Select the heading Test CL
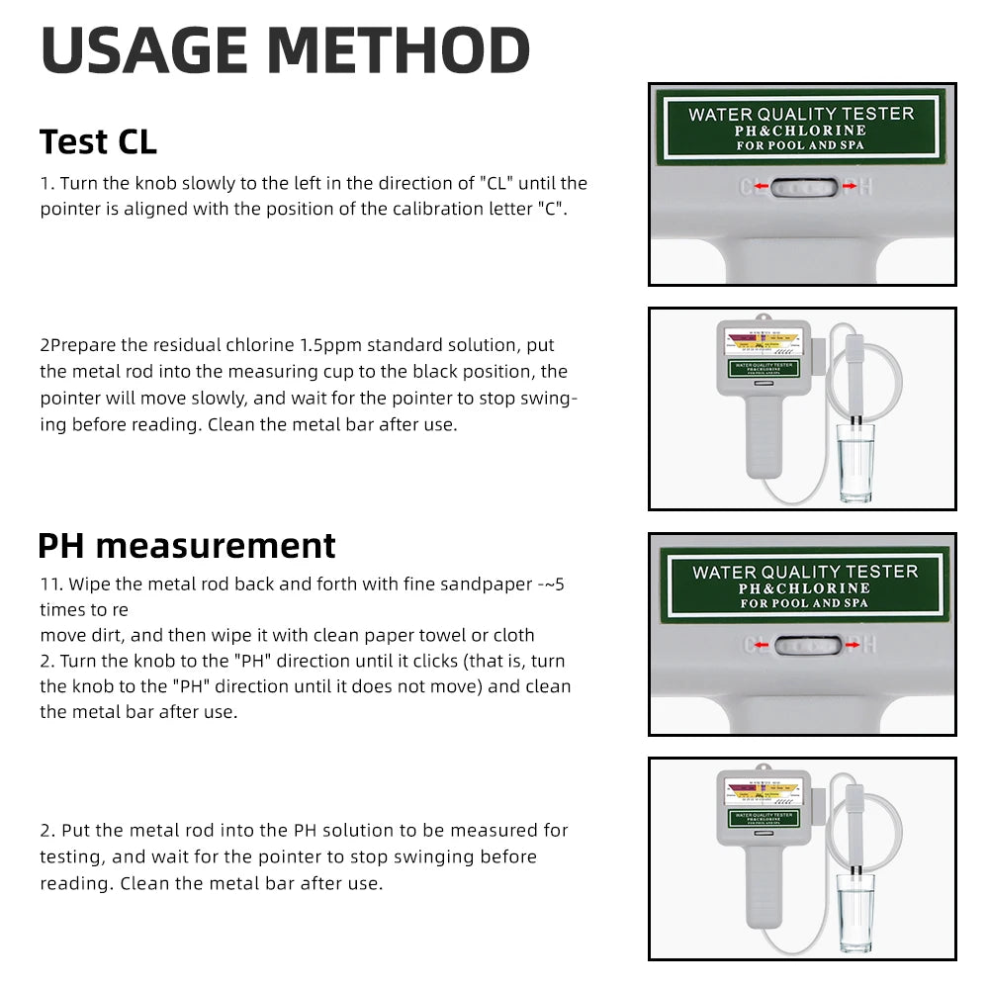click(x=98, y=141)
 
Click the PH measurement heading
click(x=187, y=545)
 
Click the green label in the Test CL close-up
click(x=801, y=127)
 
